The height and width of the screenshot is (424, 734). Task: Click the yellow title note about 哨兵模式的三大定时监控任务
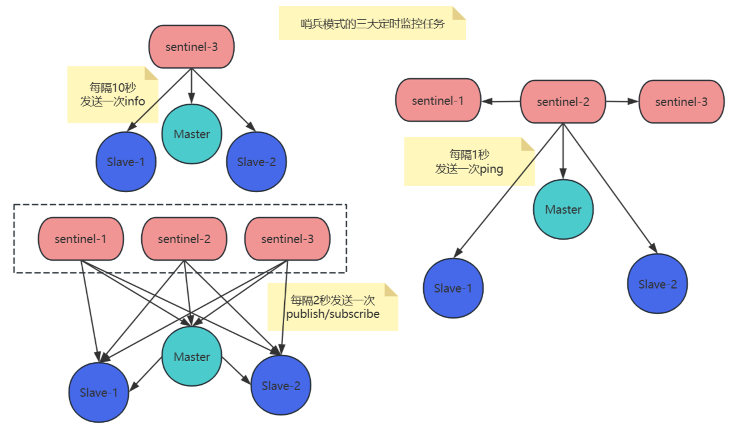(372, 24)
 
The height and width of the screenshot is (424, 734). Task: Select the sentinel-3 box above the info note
(191, 47)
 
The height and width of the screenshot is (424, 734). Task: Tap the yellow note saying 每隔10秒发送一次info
(112, 95)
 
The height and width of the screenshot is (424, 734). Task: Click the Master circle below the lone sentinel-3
(192, 134)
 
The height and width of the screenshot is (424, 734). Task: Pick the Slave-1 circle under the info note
(125, 162)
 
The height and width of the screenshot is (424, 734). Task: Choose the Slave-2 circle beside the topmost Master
(256, 162)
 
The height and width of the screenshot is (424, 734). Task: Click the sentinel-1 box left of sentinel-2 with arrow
(438, 101)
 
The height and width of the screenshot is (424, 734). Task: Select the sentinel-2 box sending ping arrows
(563, 101)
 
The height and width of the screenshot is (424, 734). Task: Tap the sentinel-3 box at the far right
(681, 101)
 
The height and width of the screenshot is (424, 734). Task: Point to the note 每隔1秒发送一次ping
(469, 162)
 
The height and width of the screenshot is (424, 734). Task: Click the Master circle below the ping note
(563, 209)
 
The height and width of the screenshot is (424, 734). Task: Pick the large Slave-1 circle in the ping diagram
(453, 288)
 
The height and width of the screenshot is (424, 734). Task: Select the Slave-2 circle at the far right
(657, 284)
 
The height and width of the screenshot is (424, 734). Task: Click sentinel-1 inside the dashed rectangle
(81, 239)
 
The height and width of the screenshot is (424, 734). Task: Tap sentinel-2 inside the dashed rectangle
(184, 239)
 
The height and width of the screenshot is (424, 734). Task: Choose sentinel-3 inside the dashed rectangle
(287, 239)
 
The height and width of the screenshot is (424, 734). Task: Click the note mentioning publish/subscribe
(333, 307)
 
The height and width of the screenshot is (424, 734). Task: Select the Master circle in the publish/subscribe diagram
(192, 357)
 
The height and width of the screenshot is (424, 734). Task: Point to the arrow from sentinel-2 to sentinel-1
(501, 101)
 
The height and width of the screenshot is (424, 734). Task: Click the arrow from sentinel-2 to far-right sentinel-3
(622, 101)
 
